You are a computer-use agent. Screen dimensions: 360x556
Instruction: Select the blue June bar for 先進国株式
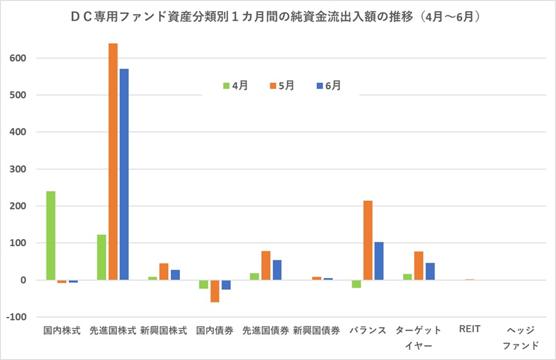(x=124, y=174)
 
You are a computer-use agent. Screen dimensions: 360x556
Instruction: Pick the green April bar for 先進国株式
(x=101, y=257)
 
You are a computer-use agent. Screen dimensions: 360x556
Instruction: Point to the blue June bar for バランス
(x=379, y=261)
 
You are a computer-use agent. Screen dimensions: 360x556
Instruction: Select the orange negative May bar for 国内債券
(x=215, y=291)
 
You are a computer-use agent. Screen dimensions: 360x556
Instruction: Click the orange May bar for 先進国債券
(x=265, y=265)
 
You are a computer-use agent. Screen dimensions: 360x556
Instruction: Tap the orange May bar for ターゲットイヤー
(x=418, y=265)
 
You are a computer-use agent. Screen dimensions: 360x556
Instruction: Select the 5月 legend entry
(x=281, y=85)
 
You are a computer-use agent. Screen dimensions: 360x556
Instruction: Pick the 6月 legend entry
(x=328, y=85)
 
